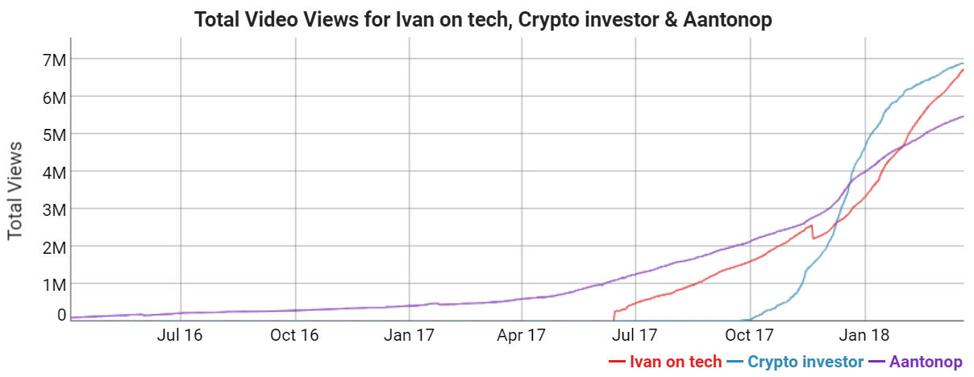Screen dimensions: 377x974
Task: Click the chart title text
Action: pos(483,20)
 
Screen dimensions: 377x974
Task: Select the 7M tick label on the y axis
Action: pos(53,60)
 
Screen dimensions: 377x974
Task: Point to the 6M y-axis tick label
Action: pos(53,97)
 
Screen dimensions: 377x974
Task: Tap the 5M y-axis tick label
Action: pos(53,134)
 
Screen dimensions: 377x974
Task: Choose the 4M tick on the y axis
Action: pos(53,172)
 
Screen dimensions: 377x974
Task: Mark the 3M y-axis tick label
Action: pos(53,209)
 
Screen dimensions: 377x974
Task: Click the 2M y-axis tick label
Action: pos(53,246)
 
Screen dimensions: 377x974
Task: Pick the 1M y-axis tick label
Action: pos(53,284)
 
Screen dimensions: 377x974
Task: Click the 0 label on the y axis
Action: pos(61,315)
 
